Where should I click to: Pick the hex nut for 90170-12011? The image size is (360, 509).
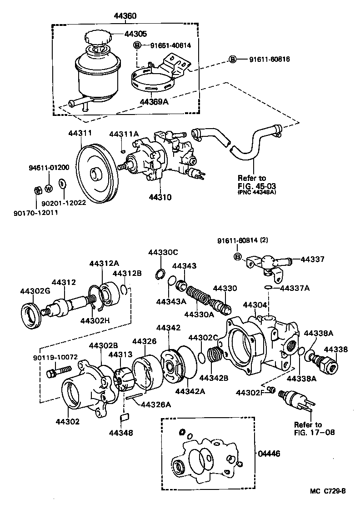(38, 189)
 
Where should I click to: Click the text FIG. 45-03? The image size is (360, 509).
(258, 186)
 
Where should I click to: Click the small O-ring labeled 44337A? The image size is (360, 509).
(269, 288)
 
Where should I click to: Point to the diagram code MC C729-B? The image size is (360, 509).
(328, 491)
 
